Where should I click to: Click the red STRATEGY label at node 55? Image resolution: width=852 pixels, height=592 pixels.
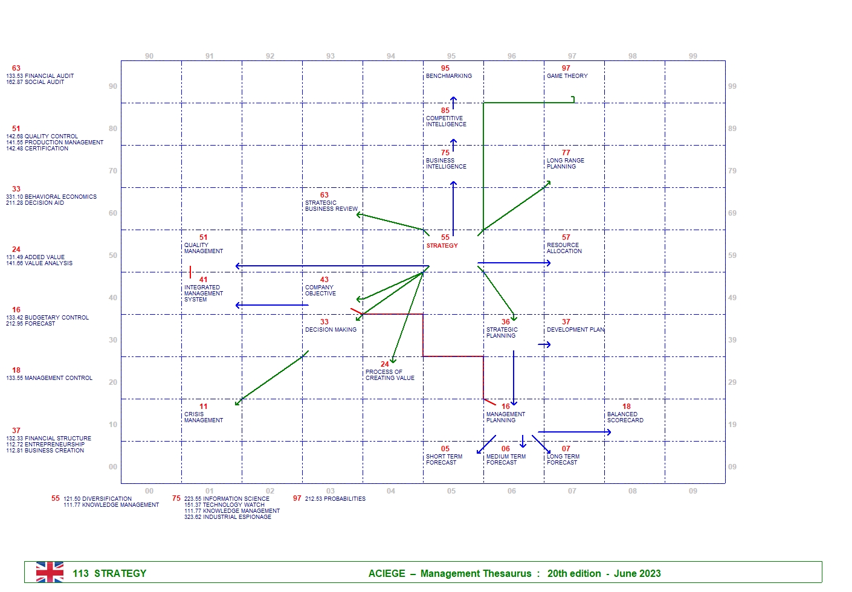tap(442, 246)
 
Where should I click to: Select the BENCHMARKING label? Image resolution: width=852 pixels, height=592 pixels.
tap(448, 76)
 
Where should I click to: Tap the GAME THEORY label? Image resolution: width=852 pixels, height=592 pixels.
tap(567, 76)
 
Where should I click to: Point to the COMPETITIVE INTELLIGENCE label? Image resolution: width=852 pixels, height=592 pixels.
tap(446, 121)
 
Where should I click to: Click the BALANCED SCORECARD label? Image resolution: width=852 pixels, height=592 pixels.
tap(625, 417)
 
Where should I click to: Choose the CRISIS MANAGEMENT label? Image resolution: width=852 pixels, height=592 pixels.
tap(203, 417)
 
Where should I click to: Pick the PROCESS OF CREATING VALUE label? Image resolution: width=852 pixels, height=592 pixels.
tap(390, 375)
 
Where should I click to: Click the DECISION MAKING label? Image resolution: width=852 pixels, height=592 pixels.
tap(331, 330)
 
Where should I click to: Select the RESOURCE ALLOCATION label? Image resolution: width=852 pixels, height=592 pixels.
tap(564, 248)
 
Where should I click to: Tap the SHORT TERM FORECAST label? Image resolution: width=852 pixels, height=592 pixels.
tap(444, 460)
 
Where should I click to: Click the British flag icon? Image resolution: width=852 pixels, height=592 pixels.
tap(50, 572)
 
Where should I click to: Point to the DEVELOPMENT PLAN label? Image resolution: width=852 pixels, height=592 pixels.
tap(575, 330)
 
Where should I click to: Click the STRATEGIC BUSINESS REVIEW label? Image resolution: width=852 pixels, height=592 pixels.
tap(331, 206)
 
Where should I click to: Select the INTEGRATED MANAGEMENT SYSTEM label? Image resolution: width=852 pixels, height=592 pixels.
tap(203, 294)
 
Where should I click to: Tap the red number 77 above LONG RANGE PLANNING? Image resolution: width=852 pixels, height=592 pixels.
tap(566, 153)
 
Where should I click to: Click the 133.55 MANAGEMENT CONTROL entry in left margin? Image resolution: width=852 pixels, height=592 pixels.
tap(49, 378)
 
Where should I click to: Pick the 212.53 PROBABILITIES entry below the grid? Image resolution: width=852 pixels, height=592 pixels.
tap(335, 499)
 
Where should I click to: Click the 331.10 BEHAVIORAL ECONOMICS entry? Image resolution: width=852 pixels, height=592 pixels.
tap(51, 197)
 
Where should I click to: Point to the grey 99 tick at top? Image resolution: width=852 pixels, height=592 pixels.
tap(692, 56)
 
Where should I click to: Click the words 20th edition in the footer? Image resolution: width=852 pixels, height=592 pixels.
tap(573, 574)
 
